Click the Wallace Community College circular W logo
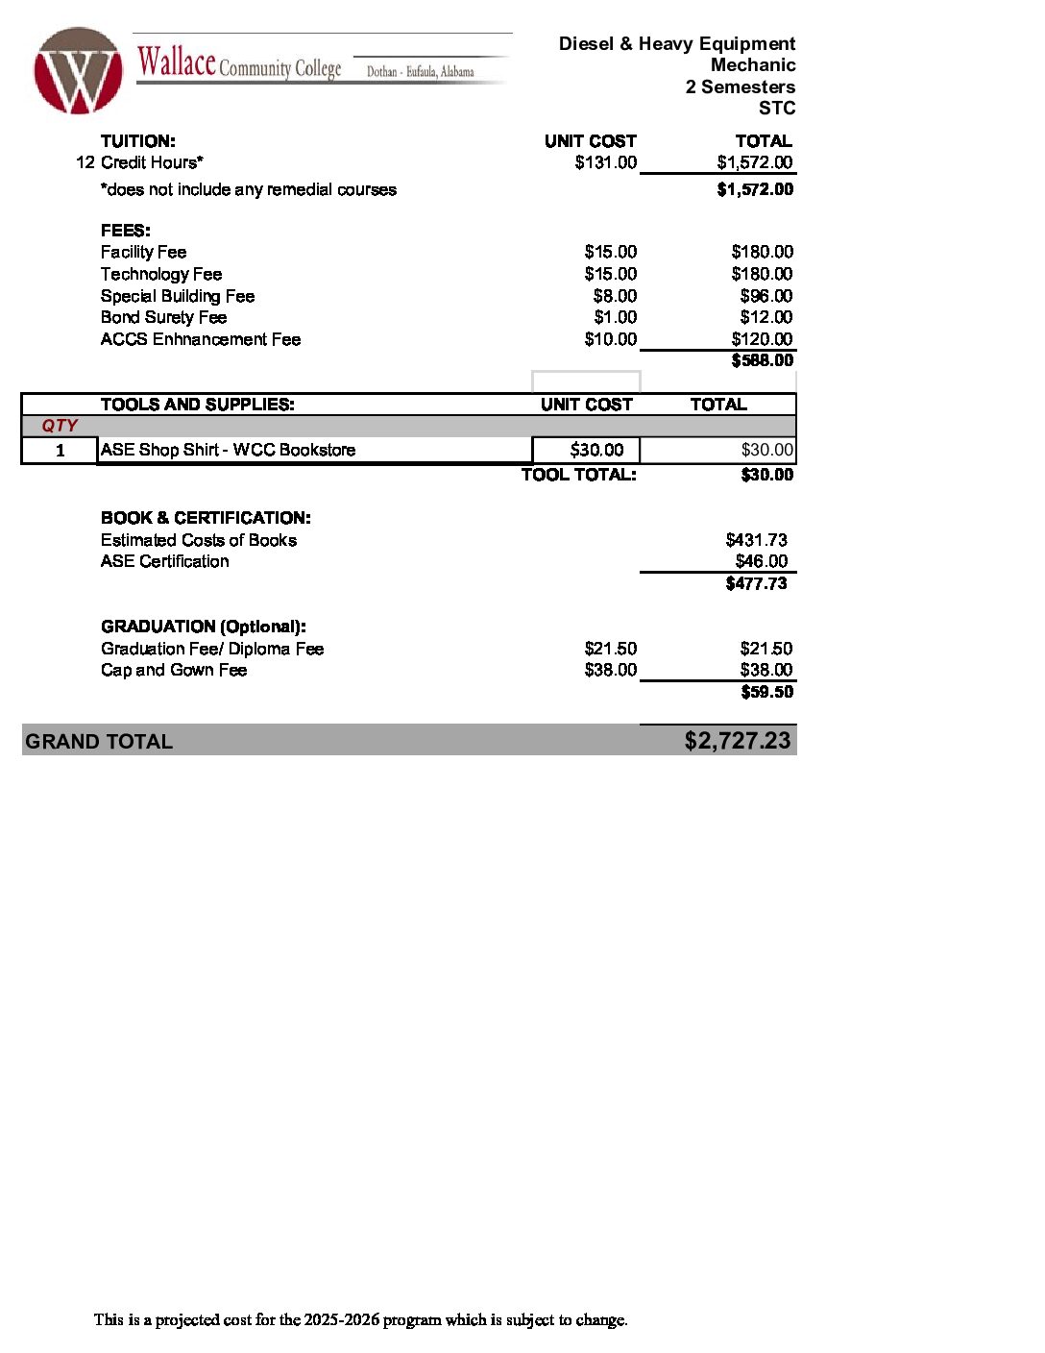(x=78, y=70)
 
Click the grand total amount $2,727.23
(x=737, y=741)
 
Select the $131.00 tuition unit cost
(x=605, y=162)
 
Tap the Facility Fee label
(x=143, y=252)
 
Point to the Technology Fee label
(x=160, y=274)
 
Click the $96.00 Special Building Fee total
(x=766, y=296)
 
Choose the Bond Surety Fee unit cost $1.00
(x=615, y=317)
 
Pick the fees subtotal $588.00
(x=762, y=360)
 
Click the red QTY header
(x=60, y=426)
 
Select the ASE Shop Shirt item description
(x=228, y=450)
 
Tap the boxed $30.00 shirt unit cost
(x=596, y=450)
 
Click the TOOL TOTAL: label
(x=578, y=475)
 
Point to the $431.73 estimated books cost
(x=756, y=540)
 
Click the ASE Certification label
(x=164, y=561)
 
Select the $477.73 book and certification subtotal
(x=756, y=583)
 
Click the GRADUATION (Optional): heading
(x=203, y=627)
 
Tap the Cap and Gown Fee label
(x=173, y=670)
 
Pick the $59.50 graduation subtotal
(x=766, y=692)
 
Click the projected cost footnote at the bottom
(x=360, y=1319)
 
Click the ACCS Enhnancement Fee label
(x=200, y=339)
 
